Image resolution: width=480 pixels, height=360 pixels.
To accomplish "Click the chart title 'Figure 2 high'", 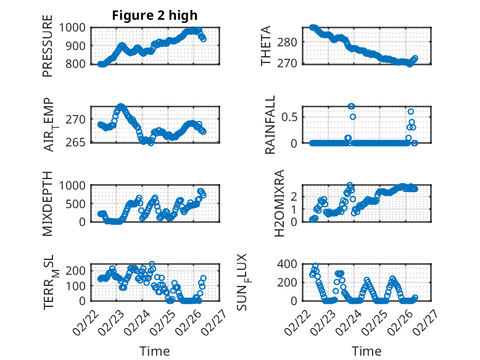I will (x=155, y=15).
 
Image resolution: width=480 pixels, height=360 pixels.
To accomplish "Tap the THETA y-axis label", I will (x=266, y=46).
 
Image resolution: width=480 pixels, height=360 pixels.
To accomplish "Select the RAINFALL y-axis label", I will (x=270, y=125).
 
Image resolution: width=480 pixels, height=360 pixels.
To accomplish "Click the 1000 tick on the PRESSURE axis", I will (x=75, y=27).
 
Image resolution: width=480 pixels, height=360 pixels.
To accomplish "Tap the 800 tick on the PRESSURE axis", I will (x=78, y=64).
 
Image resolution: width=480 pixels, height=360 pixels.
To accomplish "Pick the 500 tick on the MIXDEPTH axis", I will (x=78, y=203).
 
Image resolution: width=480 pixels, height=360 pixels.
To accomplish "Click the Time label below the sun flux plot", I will (x=366, y=351).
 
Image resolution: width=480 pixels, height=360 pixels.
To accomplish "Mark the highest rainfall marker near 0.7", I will (x=351, y=106).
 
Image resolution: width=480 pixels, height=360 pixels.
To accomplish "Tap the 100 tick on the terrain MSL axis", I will (x=78, y=286).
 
